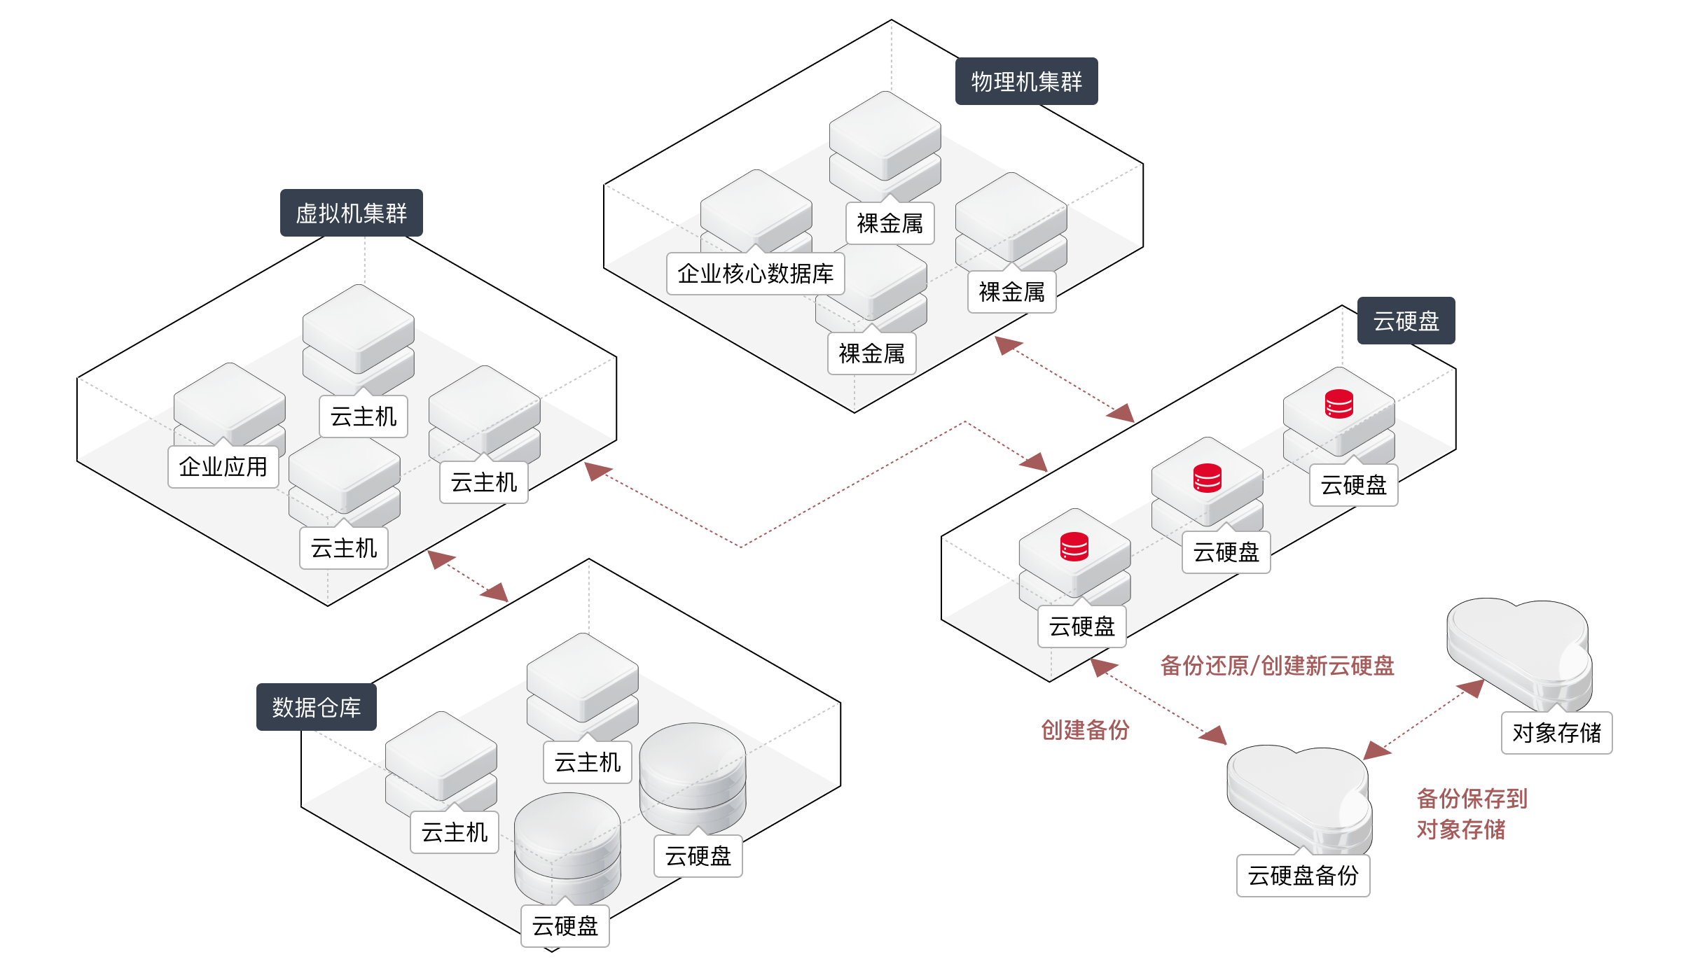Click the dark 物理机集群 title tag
point(1026,82)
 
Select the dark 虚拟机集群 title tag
point(351,213)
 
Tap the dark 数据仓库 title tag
point(316,708)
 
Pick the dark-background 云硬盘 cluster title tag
point(1406,321)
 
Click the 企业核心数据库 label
point(755,274)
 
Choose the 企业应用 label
point(223,467)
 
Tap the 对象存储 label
point(1556,733)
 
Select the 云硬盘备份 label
point(1303,876)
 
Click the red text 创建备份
point(1085,730)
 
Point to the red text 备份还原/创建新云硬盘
point(1277,666)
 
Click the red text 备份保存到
point(1472,799)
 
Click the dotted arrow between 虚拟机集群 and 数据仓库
point(467,576)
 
